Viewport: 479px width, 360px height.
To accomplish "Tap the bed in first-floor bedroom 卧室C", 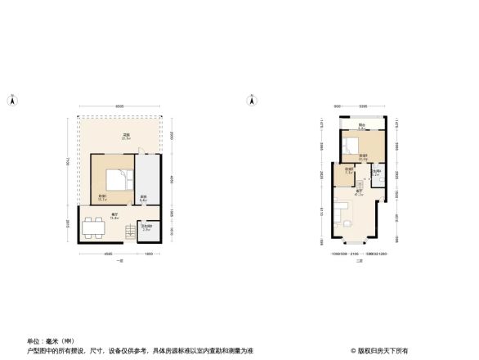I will [116, 179].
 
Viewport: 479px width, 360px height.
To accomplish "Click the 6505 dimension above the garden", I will [119, 106].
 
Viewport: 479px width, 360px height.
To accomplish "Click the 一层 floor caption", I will [119, 260].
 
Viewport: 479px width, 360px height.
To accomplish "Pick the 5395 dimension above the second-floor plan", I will [363, 106].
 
